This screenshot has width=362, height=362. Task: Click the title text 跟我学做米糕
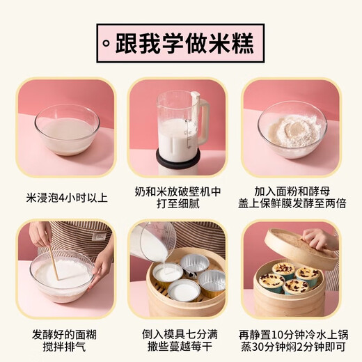tap(188, 43)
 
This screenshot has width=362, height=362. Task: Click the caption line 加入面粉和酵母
tap(292, 190)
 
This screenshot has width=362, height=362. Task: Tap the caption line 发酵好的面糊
tap(66, 333)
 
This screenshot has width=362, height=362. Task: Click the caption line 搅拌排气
tap(66, 346)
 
